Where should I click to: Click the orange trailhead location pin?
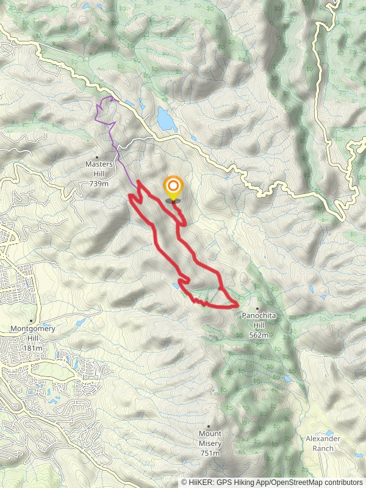coord(173,187)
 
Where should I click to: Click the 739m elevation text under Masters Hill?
coord(99,183)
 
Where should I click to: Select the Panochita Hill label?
coord(259,316)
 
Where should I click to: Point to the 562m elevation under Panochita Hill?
coord(259,335)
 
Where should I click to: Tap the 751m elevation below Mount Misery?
coord(209,453)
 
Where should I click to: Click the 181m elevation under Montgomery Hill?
coord(33,348)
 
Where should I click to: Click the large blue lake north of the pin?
coord(166,120)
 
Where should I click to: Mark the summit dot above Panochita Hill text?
coord(258,308)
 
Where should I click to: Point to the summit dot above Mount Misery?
coord(209,426)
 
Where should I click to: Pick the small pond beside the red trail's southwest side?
coord(176,285)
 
